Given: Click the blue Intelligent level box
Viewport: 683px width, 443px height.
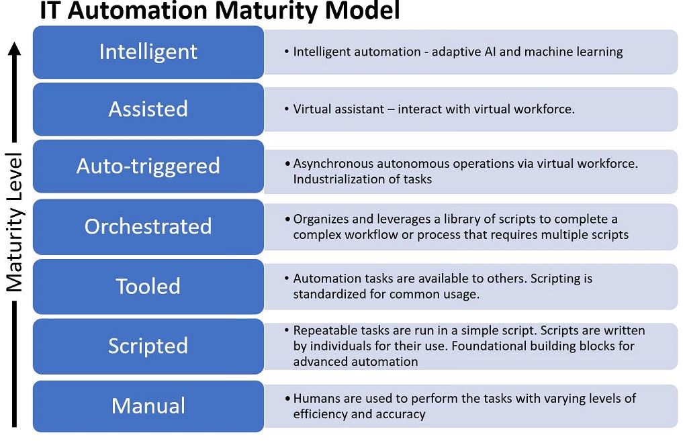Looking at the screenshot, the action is (x=148, y=52).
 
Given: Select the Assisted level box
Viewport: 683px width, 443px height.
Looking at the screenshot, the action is (x=148, y=109).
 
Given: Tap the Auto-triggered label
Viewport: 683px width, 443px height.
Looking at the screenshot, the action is (x=148, y=166).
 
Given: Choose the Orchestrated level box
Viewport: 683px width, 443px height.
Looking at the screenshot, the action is (x=148, y=227).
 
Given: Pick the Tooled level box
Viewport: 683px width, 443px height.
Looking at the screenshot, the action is (x=148, y=287).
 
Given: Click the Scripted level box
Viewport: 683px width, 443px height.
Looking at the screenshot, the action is (x=148, y=346).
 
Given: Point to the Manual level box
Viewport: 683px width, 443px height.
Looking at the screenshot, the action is (x=148, y=407).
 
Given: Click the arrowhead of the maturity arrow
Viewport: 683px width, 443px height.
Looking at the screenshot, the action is (x=14, y=48).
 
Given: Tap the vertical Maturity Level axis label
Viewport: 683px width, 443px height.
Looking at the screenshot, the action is (x=14, y=222).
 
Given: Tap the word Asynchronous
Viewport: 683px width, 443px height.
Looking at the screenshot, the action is (x=333, y=164).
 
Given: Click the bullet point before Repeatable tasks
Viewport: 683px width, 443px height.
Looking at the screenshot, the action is (x=287, y=330).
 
